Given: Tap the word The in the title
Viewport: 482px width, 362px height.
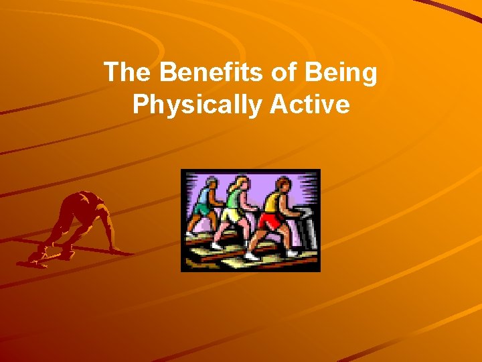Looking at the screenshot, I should (126, 73).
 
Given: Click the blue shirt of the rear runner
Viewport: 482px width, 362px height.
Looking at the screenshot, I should (202, 197).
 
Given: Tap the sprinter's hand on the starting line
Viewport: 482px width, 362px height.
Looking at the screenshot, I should (118, 250).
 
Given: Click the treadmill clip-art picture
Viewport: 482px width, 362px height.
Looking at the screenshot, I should (250, 220).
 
